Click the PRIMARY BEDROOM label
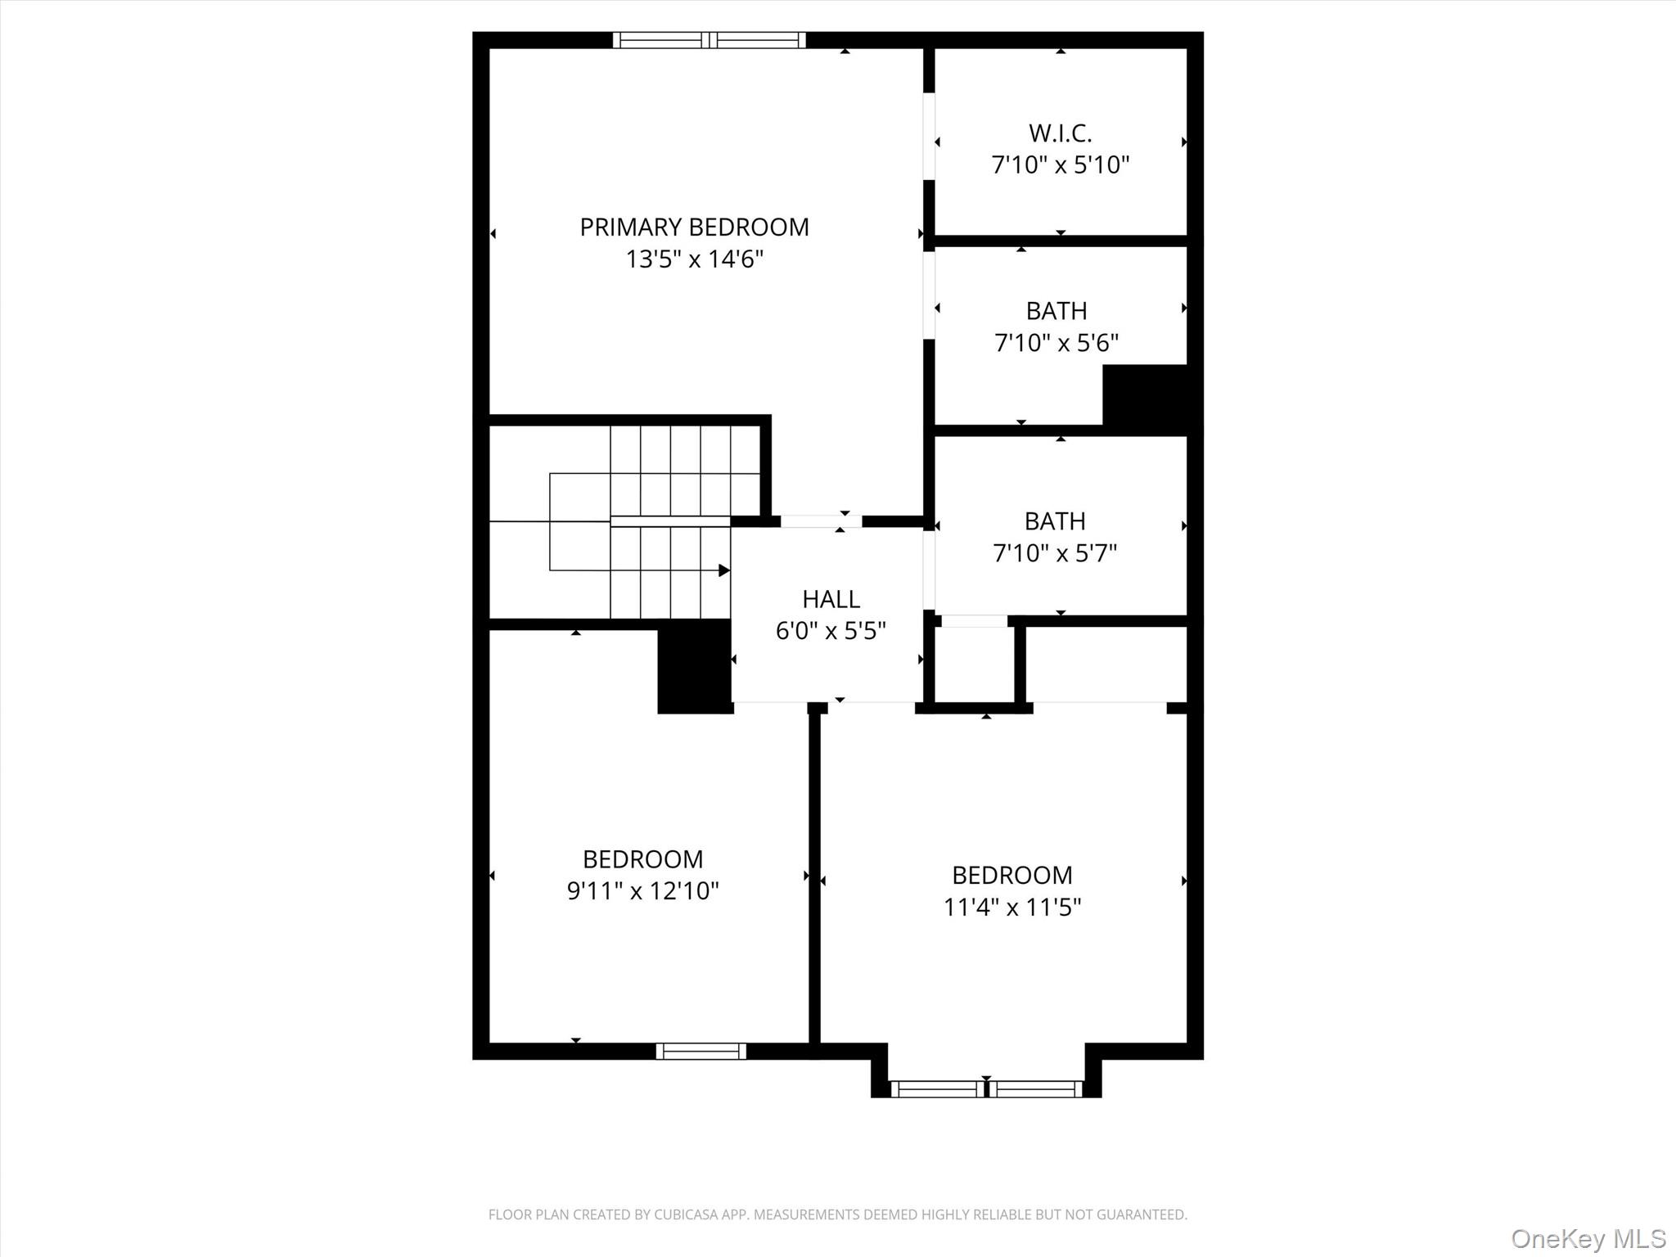pyautogui.click(x=694, y=227)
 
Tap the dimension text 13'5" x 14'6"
pyautogui.click(x=694, y=259)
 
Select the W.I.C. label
pyautogui.click(x=1060, y=133)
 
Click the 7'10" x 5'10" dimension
pyautogui.click(x=1060, y=165)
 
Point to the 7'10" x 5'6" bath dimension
pyautogui.click(x=1056, y=343)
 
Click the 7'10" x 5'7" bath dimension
pyautogui.click(x=1054, y=553)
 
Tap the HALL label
pyautogui.click(x=831, y=600)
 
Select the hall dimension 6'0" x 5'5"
pyautogui.click(x=831, y=631)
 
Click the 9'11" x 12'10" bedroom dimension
pyautogui.click(x=642, y=890)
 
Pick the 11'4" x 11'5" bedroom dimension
pyautogui.click(x=1011, y=907)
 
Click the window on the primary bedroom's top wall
pyautogui.click(x=709, y=40)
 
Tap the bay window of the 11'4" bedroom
pyautogui.click(x=986, y=1088)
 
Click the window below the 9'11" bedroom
pyautogui.click(x=701, y=1051)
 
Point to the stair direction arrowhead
pyautogui.click(x=724, y=570)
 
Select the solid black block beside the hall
pyautogui.click(x=694, y=666)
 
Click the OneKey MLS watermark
pyautogui.click(x=1588, y=1238)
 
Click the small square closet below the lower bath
pyautogui.click(x=974, y=664)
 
